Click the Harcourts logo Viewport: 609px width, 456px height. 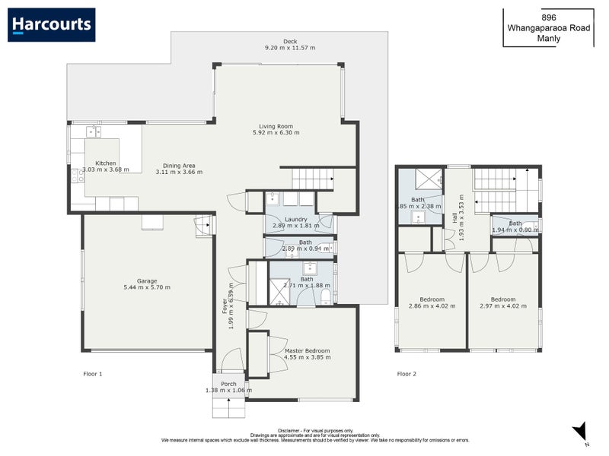(52, 24)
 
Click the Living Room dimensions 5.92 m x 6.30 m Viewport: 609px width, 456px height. (276, 133)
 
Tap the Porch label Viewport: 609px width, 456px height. (229, 384)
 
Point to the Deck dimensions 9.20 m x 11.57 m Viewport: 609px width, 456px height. (289, 48)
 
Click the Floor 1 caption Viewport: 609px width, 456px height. (92, 374)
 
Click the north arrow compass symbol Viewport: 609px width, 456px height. (580, 431)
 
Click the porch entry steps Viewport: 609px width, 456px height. (228, 407)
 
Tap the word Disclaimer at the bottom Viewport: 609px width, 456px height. (293, 429)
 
